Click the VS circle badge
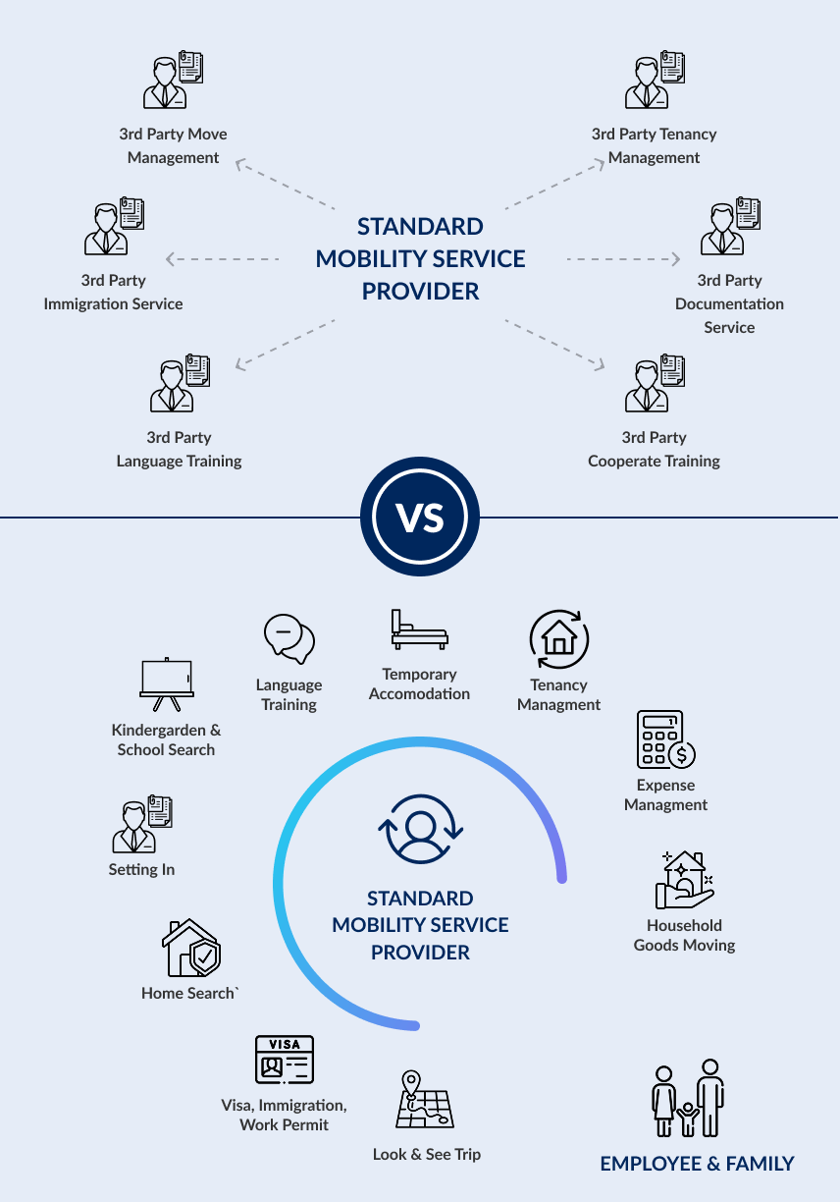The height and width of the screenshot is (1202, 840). (420, 517)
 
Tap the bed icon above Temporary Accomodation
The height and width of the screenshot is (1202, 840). (419, 629)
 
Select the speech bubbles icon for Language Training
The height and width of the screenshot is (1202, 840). (289, 639)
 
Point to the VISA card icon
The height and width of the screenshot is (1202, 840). (284, 1061)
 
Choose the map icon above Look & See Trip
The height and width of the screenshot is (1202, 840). (424, 1100)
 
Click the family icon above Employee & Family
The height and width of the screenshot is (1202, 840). (688, 1098)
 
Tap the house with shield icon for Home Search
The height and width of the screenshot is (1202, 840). (190, 948)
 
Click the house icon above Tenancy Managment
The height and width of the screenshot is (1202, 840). (559, 639)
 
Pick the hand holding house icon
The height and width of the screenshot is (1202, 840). (685, 880)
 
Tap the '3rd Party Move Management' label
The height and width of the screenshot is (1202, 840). (174, 145)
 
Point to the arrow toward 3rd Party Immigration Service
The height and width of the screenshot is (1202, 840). (223, 259)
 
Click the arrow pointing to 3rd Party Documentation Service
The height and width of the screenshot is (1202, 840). (623, 259)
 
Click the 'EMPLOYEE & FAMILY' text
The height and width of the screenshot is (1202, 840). (697, 1164)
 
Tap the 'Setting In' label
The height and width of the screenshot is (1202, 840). (141, 869)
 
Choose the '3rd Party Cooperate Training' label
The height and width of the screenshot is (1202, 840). (655, 449)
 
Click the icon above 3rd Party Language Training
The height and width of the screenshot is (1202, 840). (179, 385)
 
